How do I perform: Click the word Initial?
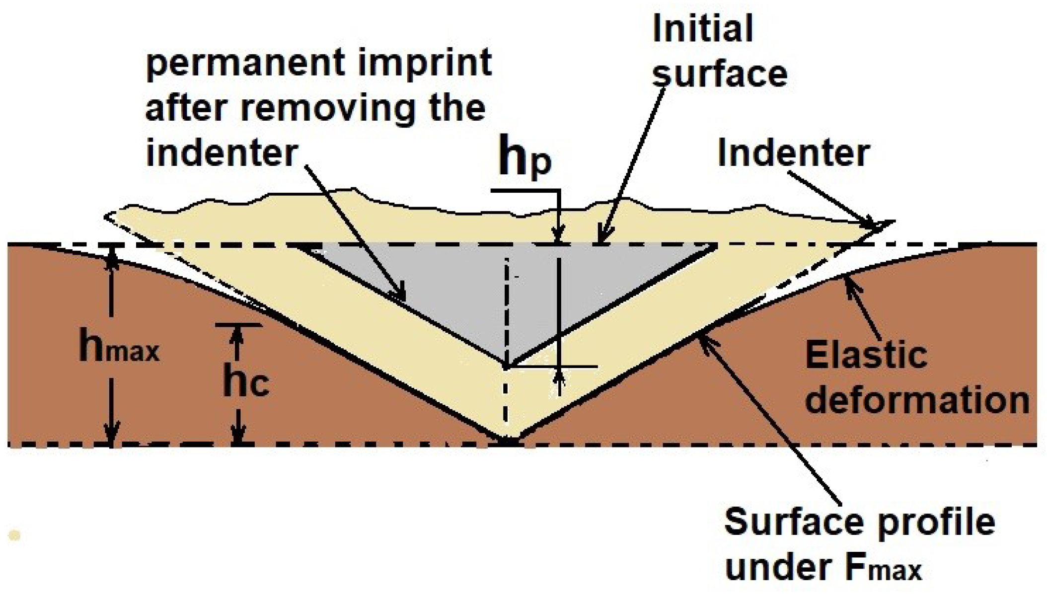click(702, 28)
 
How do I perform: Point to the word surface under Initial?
click(720, 74)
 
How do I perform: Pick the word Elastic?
click(866, 355)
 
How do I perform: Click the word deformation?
click(917, 400)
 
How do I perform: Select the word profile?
click(934, 522)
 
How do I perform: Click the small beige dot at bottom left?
click(14, 535)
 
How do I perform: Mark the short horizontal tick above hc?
click(238, 325)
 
